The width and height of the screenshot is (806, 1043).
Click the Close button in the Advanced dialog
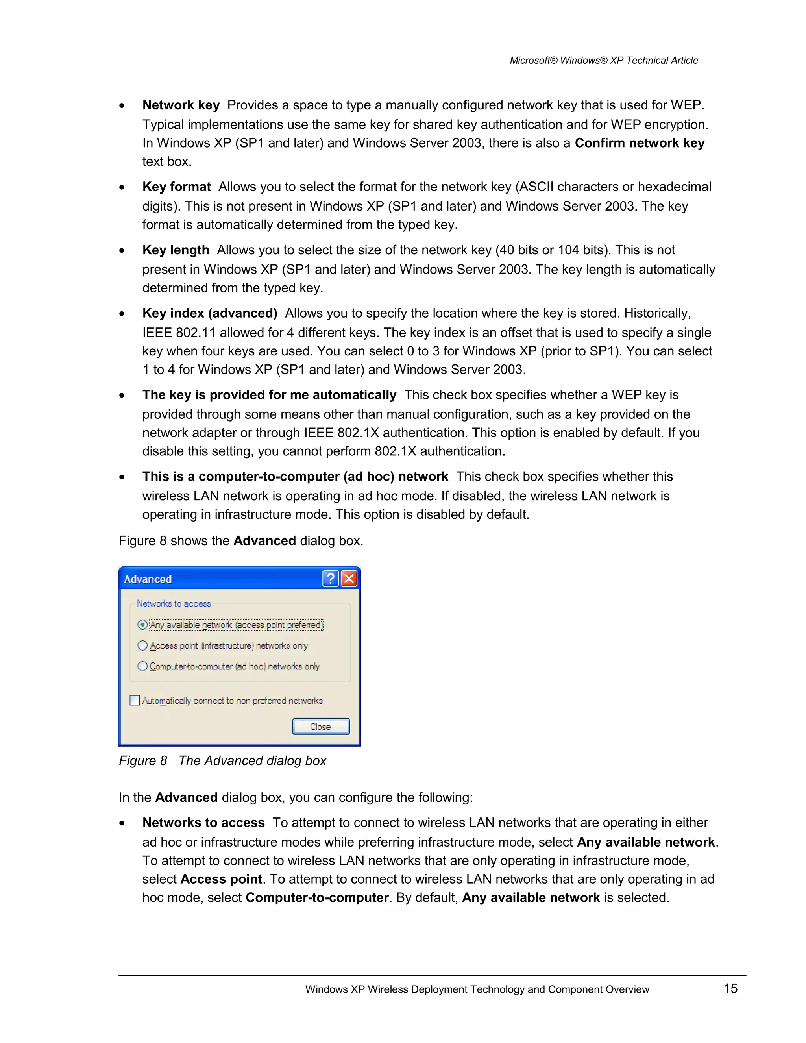(x=320, y=727)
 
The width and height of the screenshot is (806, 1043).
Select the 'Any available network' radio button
(x=142, y=625)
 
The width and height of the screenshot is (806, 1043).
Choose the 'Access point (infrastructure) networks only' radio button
(x=142, y=645)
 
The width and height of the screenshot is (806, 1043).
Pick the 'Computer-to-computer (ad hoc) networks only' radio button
(x=142, y=666)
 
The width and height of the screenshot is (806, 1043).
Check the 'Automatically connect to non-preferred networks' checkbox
(x=135, y=701)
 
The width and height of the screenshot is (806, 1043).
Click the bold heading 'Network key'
(x=181, y=105)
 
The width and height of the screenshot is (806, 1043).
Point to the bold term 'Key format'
(x=176, y=187)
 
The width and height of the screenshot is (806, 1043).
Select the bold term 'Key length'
(x=175, y=250)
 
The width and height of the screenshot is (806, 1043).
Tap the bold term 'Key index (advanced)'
(x=210, y=313)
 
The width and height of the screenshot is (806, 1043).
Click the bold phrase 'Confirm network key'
(x=640, y=143)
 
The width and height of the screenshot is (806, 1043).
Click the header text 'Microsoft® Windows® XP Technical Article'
(x=604, y=60)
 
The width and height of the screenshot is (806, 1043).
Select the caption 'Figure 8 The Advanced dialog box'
(x=222, y=760)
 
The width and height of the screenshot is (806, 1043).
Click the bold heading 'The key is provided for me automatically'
(x=269, y=395)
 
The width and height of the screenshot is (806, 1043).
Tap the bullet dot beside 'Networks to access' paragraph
(x=122, y=823)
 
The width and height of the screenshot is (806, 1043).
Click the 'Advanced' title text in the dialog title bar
(x=148, y=579)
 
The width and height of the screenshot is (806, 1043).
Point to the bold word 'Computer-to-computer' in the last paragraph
(x=317, y=897)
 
